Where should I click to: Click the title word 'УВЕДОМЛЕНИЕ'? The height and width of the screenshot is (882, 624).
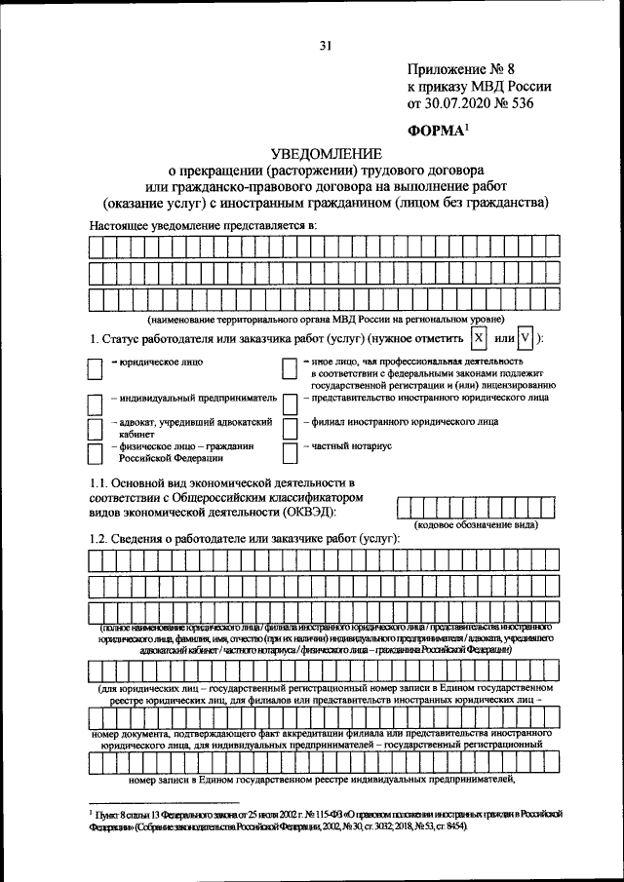326,155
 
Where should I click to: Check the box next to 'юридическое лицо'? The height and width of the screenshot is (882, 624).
96,367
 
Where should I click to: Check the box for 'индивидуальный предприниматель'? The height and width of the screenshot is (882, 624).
96,402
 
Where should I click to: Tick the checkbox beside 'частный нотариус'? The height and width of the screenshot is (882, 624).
290,452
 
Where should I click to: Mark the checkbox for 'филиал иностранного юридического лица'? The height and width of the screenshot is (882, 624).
290,427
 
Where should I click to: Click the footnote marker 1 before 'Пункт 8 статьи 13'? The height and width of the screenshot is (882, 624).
91,808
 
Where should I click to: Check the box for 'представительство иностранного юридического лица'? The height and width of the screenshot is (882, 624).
290,402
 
